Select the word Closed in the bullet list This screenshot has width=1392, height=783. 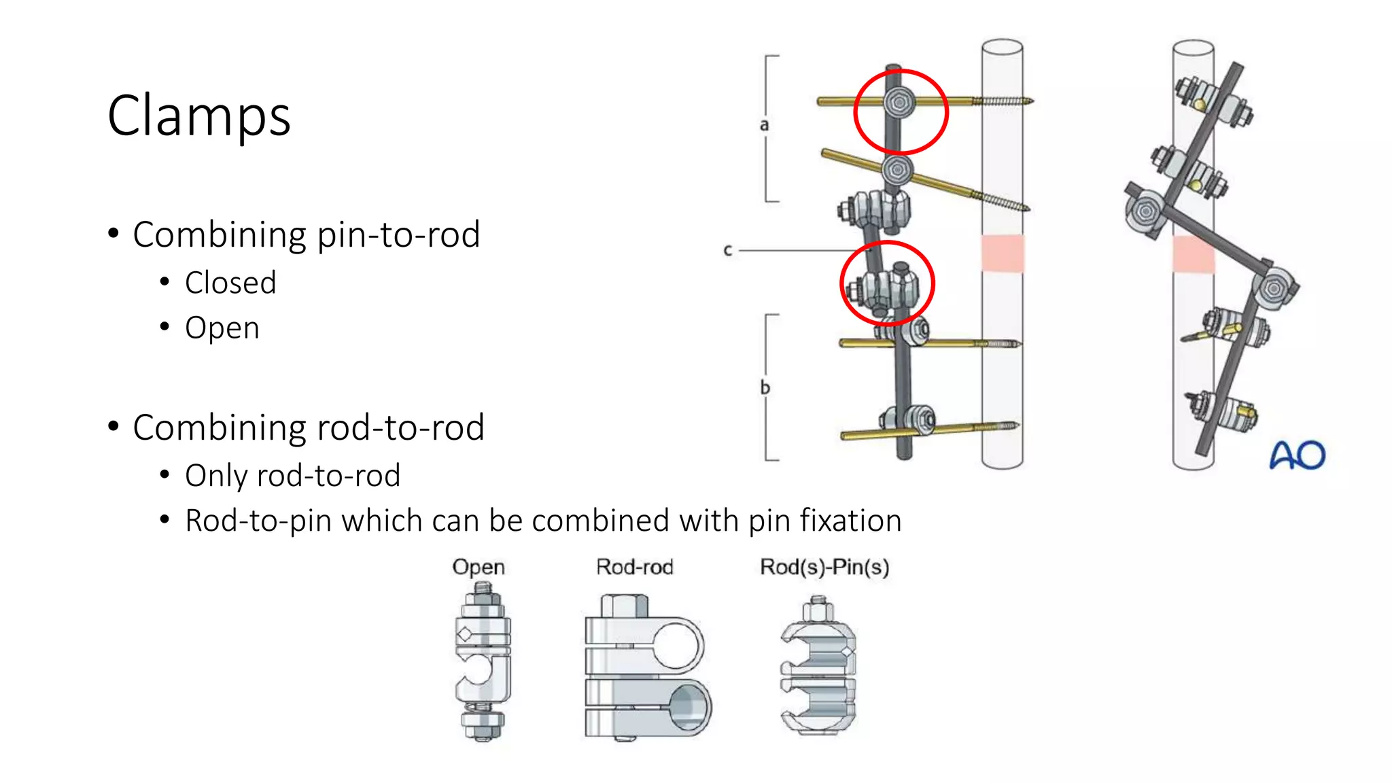pos(230,283)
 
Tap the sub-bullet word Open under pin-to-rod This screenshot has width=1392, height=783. pos(222,328)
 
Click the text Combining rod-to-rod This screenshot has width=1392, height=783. pos(308,428)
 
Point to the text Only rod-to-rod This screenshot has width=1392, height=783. pos(292,476)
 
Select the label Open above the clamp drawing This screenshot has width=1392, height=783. pos(478,567)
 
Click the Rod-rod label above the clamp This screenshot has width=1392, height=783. pos(634,567)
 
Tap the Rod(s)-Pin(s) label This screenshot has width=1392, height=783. pos(824,567)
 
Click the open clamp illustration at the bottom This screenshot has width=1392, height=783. pos(483,666)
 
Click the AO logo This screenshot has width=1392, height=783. pos(1298,455)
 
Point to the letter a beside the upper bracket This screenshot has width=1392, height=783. pos(764,125)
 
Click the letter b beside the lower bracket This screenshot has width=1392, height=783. pos(765,387)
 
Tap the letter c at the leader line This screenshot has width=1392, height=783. pos(727,250)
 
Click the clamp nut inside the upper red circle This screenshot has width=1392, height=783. pos(899,103)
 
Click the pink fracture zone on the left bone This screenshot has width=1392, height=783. pos(1003,253)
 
